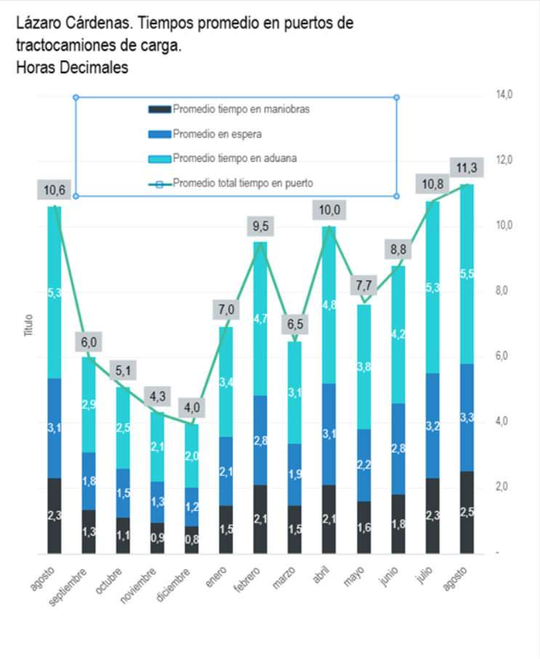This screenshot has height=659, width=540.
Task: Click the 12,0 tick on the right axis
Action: click(504, 160)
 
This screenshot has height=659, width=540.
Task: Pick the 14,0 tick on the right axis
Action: click(504, 94)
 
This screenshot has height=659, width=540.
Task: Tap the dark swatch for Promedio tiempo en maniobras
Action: click(159, 110)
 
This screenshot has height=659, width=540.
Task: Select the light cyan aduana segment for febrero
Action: click(261, 318)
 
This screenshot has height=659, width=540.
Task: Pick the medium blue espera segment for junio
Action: click(398, 449)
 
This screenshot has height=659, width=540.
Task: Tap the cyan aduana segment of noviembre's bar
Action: click(158, 446)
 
